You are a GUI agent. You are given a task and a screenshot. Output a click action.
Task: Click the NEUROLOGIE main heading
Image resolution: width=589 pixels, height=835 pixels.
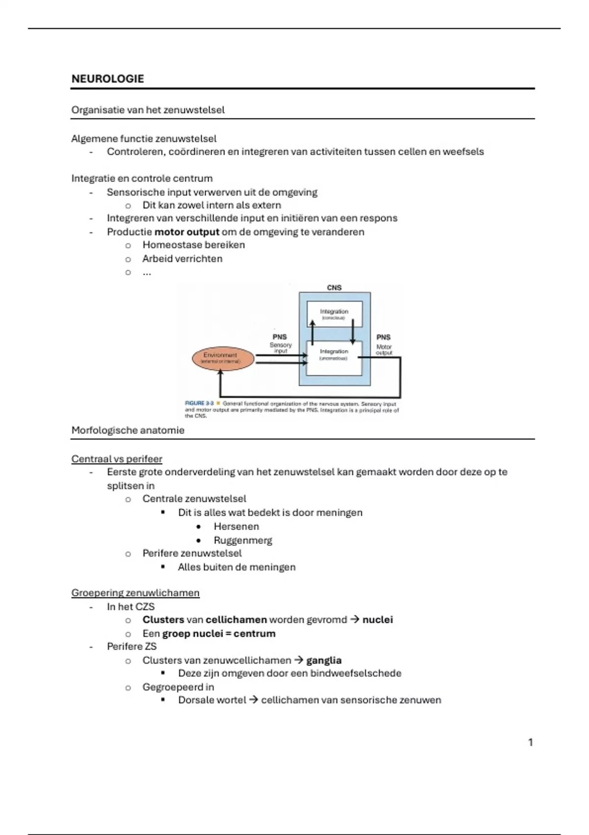[107, 79]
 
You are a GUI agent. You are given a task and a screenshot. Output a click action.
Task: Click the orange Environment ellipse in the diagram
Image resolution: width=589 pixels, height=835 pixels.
[223, 358]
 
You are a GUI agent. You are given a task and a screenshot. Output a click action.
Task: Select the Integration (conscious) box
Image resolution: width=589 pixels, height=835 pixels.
[334, 314]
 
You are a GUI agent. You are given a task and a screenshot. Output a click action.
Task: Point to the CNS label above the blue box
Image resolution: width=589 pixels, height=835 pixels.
[334, 288]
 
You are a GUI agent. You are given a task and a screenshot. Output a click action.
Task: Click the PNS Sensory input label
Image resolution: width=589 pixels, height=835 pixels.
[280, 344]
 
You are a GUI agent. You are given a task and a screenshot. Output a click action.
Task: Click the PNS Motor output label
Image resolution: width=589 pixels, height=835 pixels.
[383, 345]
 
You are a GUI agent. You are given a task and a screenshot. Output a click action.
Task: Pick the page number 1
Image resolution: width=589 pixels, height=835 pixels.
[530, 742]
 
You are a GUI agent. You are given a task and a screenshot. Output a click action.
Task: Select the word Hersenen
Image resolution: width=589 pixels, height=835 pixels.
[236, 527]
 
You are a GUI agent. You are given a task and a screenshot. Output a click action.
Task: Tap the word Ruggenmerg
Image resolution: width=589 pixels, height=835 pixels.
[242, 540]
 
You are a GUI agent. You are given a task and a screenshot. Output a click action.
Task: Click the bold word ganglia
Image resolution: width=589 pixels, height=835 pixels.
[324, 660]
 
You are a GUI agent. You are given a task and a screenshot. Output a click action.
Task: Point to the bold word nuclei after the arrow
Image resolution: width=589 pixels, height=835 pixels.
[377, 620]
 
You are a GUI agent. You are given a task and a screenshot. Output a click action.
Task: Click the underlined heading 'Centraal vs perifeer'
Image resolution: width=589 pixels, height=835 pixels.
[117, 459]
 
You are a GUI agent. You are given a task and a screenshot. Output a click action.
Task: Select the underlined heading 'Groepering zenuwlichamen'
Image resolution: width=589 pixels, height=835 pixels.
[135, 593]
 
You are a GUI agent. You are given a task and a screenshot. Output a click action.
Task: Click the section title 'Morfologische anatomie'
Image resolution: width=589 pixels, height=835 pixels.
[128, 430]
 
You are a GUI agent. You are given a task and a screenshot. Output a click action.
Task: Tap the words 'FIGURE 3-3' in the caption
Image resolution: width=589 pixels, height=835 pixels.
[199, 403]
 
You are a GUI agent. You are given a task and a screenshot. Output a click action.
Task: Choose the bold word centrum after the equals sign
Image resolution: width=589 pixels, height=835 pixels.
[254, 634]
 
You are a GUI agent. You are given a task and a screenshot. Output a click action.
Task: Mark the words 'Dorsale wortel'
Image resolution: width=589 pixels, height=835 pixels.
[212, 700]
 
